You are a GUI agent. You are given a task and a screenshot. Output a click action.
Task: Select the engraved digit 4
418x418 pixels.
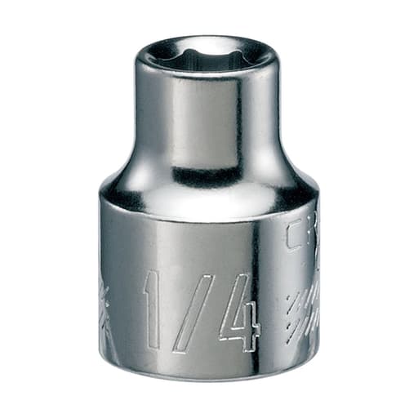238,314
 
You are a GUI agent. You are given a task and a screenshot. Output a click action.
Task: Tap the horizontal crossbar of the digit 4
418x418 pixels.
238,326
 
